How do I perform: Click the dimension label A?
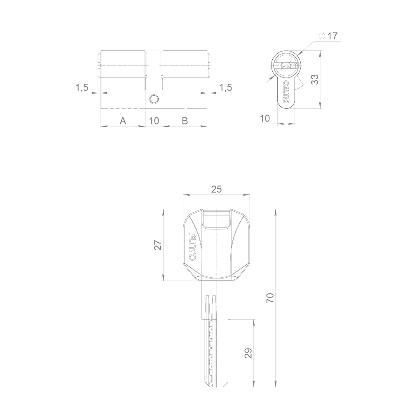click(x=122, y=121)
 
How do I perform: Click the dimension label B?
click(x=185, y=121)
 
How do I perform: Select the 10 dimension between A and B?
click(x=154, y=121)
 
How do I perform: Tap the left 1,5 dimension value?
click(x=82, y=87)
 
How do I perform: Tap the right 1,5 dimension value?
click(x=225, y=87)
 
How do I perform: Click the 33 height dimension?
click(x=315, y=80)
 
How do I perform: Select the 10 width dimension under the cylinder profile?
click(x=265, y=119)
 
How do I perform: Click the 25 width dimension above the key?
click(x=216, y=189)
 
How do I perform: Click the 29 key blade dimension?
click(x=248, y=353)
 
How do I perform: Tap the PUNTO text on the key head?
click(x=192, y=246)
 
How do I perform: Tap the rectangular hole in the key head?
click(x=216, y=220)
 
